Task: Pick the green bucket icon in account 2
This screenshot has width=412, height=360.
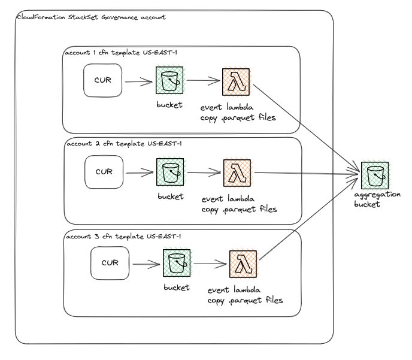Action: [x=170, y=172]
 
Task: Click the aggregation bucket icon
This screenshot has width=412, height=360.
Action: [x=374, y=174]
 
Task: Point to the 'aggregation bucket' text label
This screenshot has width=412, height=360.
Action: [x=376, y=200]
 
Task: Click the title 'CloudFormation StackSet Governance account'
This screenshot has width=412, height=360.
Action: [x=90, y=17]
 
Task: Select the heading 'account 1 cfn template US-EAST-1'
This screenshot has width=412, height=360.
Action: [x=120, y=53]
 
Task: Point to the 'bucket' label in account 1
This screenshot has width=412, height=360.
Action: [x=170, y=105]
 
